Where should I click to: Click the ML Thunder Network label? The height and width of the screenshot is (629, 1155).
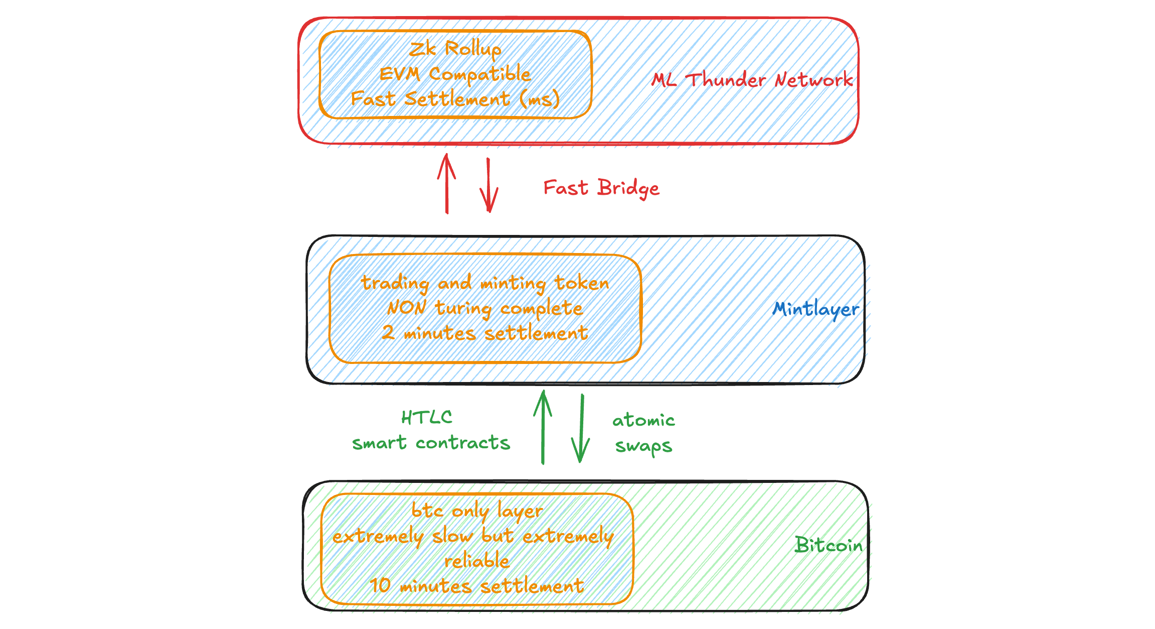point(752,80)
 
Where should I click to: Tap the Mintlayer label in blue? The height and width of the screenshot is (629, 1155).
point(815,308)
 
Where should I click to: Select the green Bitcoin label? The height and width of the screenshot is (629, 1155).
point(828,545)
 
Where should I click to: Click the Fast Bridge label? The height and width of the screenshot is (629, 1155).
point(601,188)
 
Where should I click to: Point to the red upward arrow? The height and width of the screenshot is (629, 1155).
point(446,184)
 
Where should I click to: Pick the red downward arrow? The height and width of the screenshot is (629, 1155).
point(488,186)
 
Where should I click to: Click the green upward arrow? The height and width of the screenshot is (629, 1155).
point(543,427)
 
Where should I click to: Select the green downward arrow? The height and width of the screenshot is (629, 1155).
point(581,429)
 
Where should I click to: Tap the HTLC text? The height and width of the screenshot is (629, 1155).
point(427,418)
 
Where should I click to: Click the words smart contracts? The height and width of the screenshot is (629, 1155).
point(431,443)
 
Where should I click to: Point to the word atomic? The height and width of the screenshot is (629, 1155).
point(643,420)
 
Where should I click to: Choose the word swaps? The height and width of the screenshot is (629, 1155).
point(643,446)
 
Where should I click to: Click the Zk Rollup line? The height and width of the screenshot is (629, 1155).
point(455,49)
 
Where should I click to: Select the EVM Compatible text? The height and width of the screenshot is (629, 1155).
point(455,74)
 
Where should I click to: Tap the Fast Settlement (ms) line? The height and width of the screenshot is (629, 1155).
point(455,99)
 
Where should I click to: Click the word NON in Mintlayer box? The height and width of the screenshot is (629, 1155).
point(407,307)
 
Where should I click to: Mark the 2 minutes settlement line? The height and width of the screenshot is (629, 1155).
point(484,333)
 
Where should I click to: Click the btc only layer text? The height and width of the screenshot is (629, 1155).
point(477,511)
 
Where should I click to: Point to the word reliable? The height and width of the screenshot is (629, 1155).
point(477,561)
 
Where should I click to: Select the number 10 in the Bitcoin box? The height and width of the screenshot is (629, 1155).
point(380,585)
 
